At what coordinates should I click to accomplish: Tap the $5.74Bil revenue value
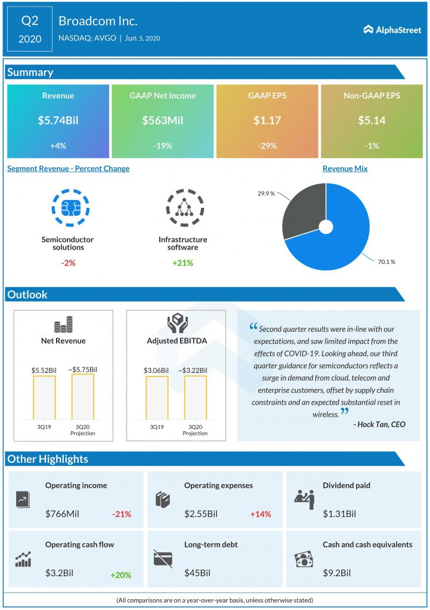[58, 120]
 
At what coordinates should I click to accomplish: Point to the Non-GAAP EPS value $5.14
[372, 120]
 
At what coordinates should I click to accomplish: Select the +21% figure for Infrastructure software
[182, 263]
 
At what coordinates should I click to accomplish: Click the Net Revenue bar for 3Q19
[44, 397]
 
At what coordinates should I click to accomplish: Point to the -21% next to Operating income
[121, 513]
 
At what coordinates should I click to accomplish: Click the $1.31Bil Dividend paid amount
[339, 513]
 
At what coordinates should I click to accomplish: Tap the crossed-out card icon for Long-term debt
[163, 559]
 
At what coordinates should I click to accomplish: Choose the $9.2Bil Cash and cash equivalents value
[336, 573]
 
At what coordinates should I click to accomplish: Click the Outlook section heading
[27, 294]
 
